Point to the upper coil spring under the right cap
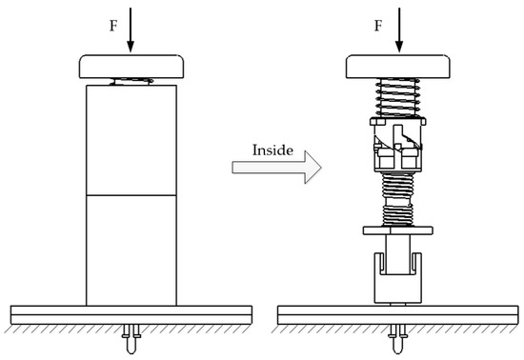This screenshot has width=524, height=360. pyautogui.click(x=396, y=97)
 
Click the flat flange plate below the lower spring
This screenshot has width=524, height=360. pyautogui.click(x=396, y=230)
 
